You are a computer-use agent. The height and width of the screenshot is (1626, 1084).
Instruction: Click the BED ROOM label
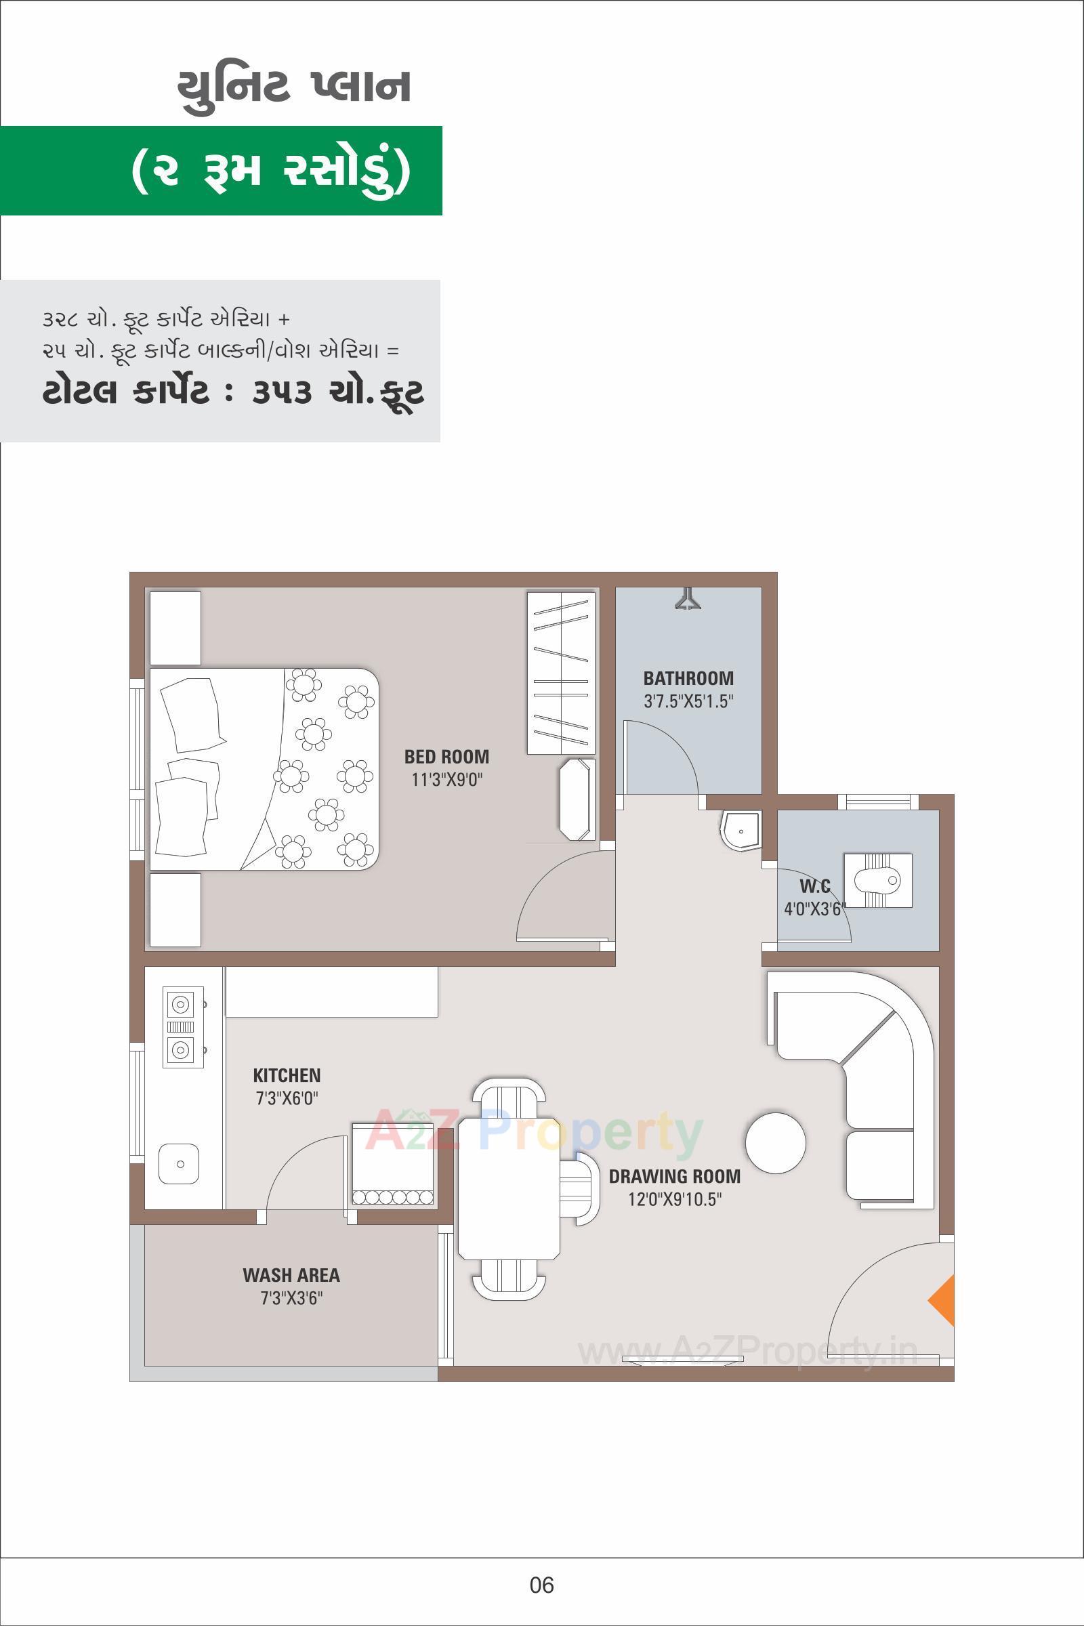[446, 756]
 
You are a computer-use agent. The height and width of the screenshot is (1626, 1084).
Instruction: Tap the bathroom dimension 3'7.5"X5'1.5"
[688, 701]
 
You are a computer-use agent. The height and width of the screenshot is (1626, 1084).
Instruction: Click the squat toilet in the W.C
[877, 880]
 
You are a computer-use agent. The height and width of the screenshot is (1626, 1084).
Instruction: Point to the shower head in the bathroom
[688, 599]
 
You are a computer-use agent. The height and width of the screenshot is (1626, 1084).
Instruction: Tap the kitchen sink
[180, 1163]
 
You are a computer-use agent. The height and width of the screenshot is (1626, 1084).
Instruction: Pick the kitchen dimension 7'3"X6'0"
[287, 1098]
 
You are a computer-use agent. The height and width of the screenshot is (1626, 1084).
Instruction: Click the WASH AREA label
[291, 1275]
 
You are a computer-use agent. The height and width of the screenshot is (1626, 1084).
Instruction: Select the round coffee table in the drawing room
[775, 1142]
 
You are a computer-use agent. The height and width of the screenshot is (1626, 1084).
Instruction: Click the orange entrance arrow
[943, 1300]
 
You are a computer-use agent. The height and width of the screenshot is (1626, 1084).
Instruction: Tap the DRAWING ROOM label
[674, 1176]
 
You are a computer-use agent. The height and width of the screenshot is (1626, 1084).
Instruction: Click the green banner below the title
[222, 171]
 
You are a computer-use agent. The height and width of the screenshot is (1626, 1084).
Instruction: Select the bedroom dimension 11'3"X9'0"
[446, 780]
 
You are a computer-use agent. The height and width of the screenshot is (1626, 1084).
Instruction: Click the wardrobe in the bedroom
[561, 673]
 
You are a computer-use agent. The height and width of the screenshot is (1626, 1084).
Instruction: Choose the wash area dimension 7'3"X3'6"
[291, 1298]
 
